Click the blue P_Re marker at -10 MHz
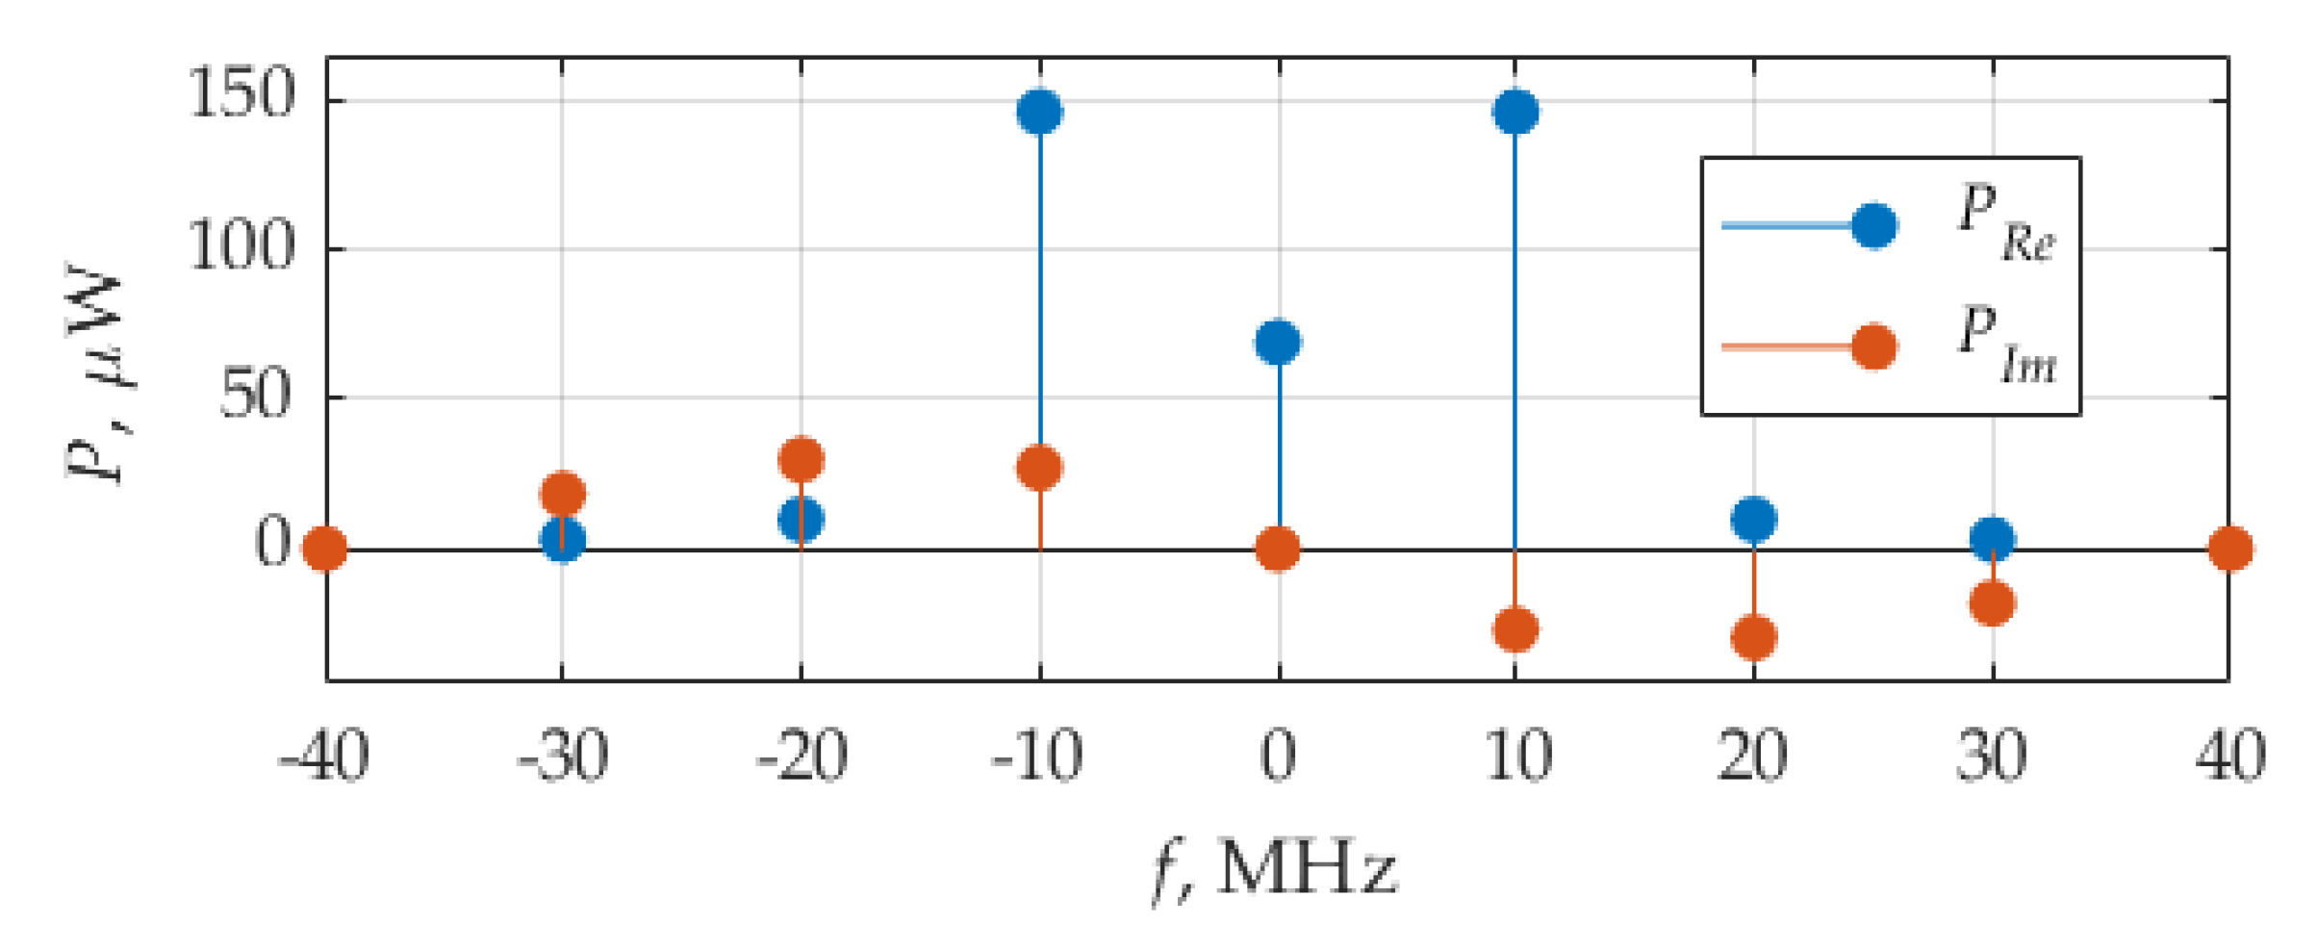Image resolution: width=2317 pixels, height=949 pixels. [1040, 112]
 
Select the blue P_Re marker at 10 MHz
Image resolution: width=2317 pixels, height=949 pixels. [1515, 112]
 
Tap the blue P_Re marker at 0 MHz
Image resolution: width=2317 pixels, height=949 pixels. [1278, 342]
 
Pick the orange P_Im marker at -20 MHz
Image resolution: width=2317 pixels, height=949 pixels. [802, 459]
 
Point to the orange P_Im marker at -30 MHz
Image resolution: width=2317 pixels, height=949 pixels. [563, 494]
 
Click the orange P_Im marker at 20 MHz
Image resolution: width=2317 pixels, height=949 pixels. [1754, 637]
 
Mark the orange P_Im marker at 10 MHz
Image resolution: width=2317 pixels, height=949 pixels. [1515, 629]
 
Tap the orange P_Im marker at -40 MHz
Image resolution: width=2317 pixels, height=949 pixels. [325, 549]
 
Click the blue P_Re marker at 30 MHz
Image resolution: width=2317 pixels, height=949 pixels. [1993, 538]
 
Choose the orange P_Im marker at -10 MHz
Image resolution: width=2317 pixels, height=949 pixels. [1040, 468]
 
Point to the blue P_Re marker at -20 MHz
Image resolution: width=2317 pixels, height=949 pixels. [802, 520]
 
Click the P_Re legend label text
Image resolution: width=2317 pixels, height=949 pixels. [2006, 222]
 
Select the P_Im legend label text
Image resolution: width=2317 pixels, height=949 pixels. [2006, 345]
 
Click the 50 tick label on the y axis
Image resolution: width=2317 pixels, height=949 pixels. [255, 395]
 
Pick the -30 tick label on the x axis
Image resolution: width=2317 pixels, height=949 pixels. [563, 757]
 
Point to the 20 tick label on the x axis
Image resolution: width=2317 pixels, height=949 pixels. [1753, 757]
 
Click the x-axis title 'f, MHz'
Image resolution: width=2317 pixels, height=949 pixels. [1275, 869]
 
